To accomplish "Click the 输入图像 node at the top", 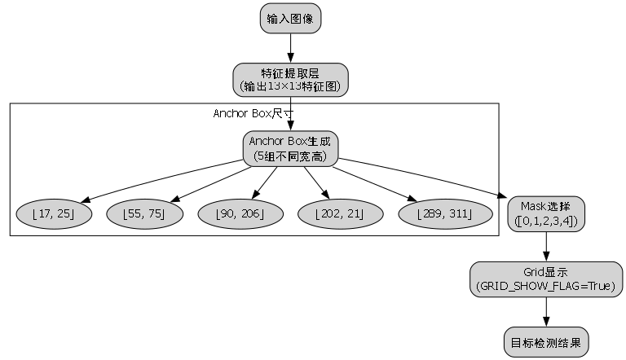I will [291, 17].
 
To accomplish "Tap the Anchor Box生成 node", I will [291, 147].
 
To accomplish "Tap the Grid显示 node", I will [546, 279].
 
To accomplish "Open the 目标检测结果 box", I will [546, 343].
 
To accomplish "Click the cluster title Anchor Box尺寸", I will [253, 113].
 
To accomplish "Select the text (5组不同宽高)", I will [291, 155].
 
